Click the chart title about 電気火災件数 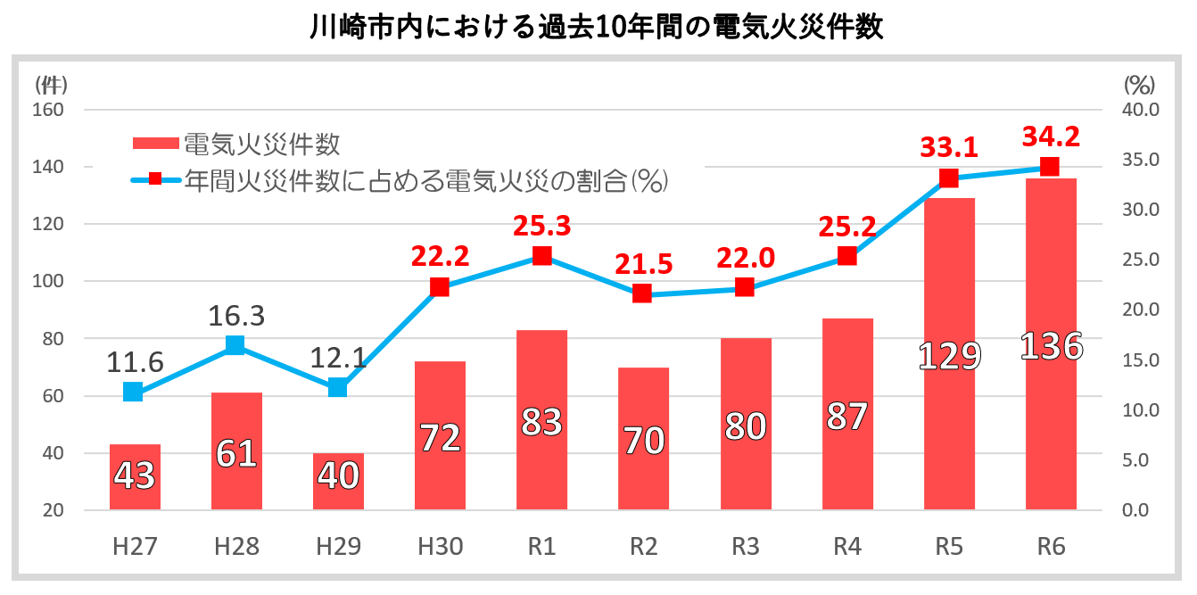pyautogui.click(x=597, y=28)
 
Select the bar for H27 pyautogui.click(x=135, y=477)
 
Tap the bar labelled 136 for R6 pyautogui.click(x=1051, y=344)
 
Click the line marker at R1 pyautogui.click(x=541, y=257)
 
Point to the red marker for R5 pyautogui.click(x=949, y=178)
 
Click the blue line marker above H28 pyautogui.click(x=235, y=345)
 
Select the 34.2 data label pyautogui.click(x=1051, y=136)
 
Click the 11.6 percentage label pyautogui.click(x=134, y=362)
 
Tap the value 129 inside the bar pyautogui.click(x=949, y=355)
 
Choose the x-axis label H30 pyautogui.click(x=439, y=546)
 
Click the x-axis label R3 pyautogui.click(x=745, y=546)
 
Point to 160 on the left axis pyautogui.click(x=49, y=110)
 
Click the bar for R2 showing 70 pyautogui.click(x=643, y=439)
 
